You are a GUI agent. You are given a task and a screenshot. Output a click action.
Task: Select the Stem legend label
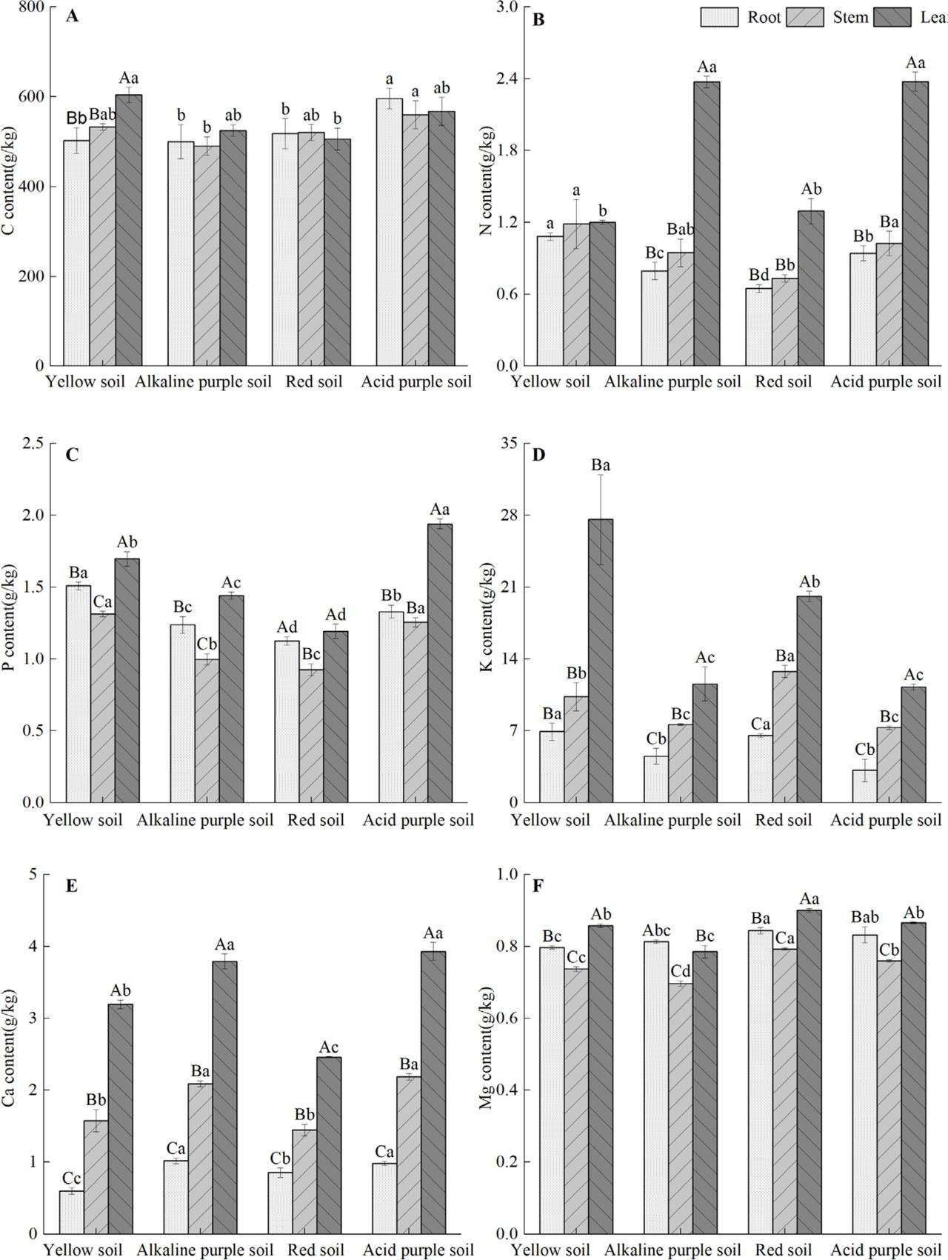[x=850, y=17]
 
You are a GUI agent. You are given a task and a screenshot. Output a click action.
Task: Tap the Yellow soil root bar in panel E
[x=71, y=1211]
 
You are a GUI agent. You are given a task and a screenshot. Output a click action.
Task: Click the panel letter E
[x=71, y=887]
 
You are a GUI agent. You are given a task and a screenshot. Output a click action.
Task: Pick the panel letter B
[x=538, y=19]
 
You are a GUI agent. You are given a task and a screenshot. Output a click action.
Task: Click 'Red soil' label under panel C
[x=316, y=820]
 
